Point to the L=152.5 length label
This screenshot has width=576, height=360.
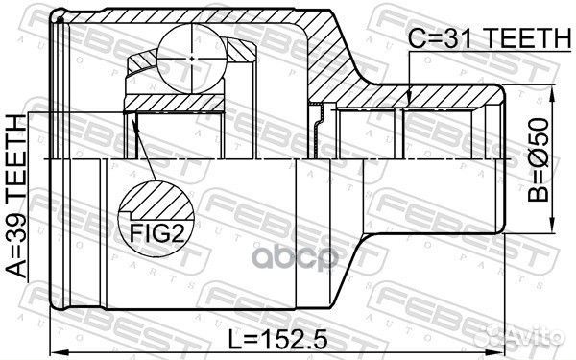pyautogui.click(x=276, y=338)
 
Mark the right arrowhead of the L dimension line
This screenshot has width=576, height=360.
pyautogui.click(x=503, y=350)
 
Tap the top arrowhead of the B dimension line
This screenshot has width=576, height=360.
pyautogui.click(x=554, y=91)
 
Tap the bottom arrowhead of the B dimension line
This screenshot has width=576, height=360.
pyautogui.click(x=554, y=228)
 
